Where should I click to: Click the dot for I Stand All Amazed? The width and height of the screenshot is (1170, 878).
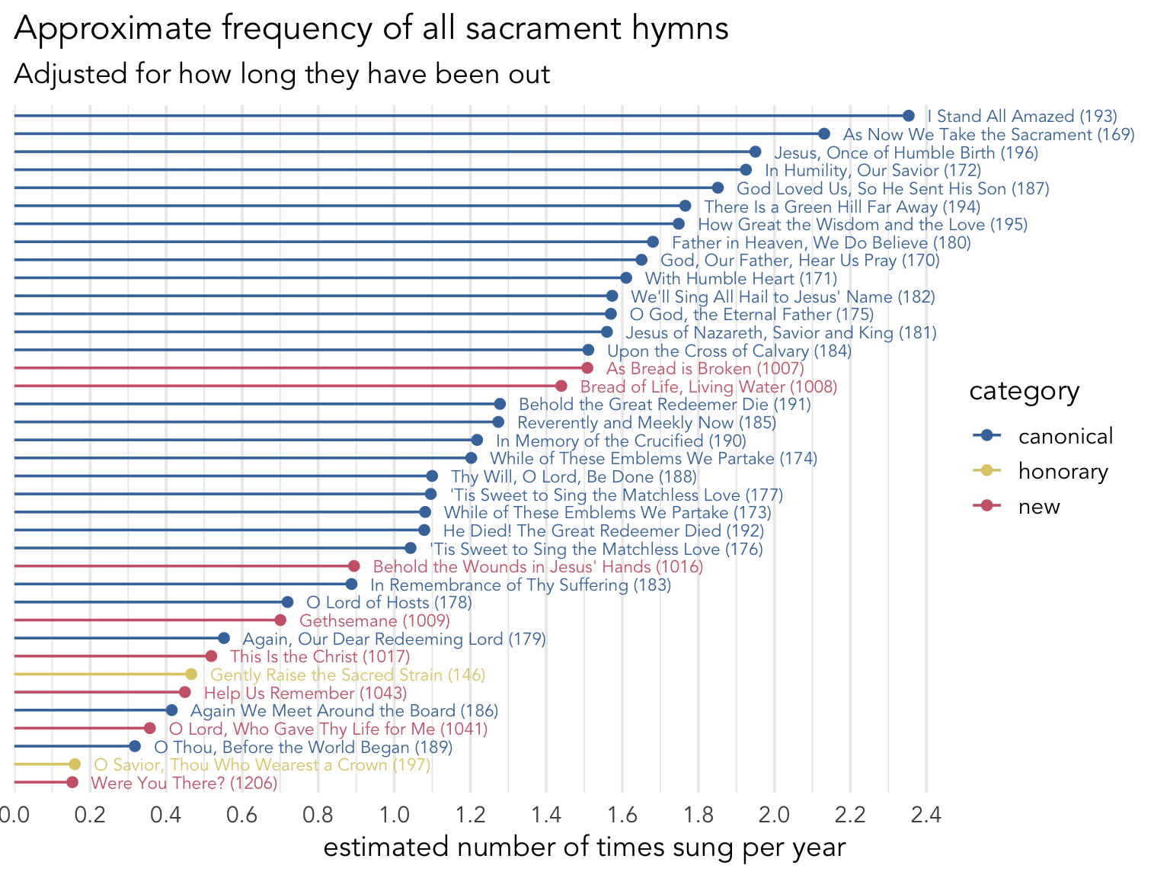click(x=908, y=116)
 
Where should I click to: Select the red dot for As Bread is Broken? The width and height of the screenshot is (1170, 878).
click(x=587, y=368)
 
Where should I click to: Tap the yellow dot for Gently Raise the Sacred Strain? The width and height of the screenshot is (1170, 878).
click(x=191, y=675)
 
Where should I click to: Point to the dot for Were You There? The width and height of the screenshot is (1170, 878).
click(x=72, y=783)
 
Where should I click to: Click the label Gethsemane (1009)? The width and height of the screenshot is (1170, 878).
click(x=375, y=621)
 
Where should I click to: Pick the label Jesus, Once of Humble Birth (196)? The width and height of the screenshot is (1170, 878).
click(x=906, y=152)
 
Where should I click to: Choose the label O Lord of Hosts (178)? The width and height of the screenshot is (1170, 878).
click(x=388, y=603)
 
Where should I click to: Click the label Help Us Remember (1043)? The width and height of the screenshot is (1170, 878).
click(x=305, y=694)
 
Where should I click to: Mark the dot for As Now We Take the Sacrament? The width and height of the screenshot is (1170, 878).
click(x=824, y=134)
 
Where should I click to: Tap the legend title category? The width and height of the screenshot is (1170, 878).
click(x=1024, y=392)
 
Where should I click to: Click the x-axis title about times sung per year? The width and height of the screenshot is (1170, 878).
click(x=584, y=848)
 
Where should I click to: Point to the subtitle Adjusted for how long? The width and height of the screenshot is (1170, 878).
click(x=282, y=74)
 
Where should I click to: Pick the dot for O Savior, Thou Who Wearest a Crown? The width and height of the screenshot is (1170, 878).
click(x=75, y=764)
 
